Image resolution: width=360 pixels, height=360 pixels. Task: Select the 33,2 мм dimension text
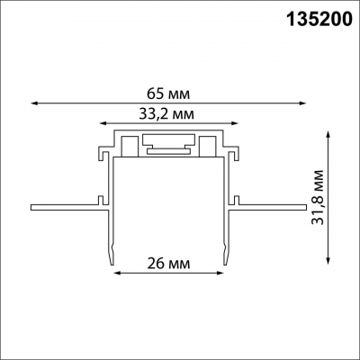167,115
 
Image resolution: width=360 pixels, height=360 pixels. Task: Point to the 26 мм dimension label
167,265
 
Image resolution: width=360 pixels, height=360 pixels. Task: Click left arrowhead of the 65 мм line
33,103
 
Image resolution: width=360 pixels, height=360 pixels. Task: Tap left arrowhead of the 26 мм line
114,275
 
